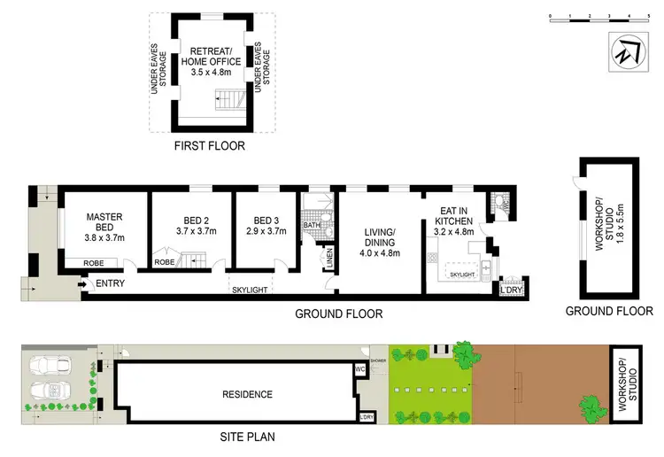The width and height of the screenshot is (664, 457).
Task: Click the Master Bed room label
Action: click(103, 222)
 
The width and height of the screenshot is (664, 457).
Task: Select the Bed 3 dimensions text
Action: click(266, 230)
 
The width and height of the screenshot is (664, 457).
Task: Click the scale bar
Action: click(589, 18)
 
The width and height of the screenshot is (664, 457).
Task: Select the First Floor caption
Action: click(211, 146)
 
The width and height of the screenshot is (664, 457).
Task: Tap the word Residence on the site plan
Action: click(247, 394)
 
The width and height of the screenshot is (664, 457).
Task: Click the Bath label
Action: click(311, 226)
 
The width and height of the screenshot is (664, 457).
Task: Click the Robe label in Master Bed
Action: click(94, 263)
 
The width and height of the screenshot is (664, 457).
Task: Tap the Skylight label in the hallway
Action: click(250, 290)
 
